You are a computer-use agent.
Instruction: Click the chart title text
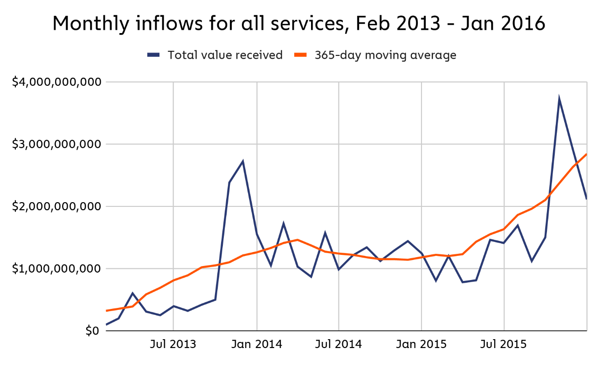[298, 23]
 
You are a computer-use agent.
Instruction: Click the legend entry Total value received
[225, 55]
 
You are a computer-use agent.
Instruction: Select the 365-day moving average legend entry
[385, 55]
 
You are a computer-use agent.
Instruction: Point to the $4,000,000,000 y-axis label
[56, 82]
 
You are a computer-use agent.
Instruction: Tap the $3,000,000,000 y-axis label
[56, 144]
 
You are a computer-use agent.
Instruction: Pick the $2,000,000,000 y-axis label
[56, 206]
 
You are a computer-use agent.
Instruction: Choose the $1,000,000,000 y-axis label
[56, 268]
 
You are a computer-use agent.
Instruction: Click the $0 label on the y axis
[93, 331]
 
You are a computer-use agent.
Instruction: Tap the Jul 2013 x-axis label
[173, 345]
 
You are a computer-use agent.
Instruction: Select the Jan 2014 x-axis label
[256, 345]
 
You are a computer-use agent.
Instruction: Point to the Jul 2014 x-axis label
[339, 345]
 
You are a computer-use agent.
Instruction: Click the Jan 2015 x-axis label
[422, 345]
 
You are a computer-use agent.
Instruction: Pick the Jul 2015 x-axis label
[504, 345]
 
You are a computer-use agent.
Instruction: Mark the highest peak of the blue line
[559, 99]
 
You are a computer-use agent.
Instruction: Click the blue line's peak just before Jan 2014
[243, 162]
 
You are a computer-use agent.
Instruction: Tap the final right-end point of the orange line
[586, 154]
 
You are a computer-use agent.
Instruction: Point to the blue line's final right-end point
[586, 199]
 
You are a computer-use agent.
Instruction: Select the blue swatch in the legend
[153, 55]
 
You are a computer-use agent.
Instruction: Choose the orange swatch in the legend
[300, 55]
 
